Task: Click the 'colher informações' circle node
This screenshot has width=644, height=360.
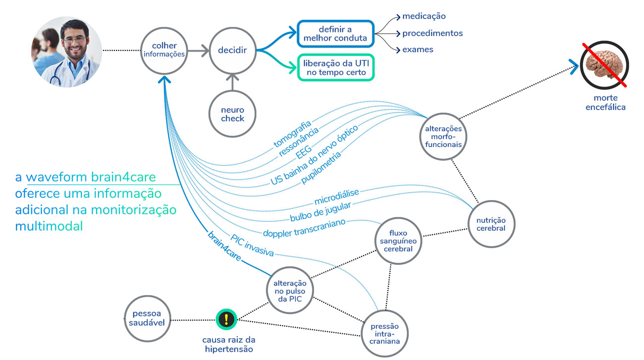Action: coord(164,50)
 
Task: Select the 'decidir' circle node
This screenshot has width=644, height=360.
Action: coord(232,50)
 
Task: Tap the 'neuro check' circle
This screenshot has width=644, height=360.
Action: coord(232,114)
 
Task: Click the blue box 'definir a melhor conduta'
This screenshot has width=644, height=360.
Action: coord(335,34)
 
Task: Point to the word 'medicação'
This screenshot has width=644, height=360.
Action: coord(424,16)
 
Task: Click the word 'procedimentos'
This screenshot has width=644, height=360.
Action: coord(432,33)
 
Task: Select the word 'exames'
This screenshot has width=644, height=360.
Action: coord(418,50)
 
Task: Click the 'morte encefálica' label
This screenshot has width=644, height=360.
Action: coord(605,103)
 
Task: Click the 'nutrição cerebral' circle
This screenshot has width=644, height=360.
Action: coord(491,224)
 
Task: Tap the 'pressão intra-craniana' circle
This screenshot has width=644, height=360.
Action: coord(384,334)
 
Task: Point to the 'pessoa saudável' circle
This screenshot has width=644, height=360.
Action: coord(147,318)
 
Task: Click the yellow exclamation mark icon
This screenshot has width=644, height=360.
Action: coord(226,319)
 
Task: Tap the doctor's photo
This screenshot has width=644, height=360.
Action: coord(67,52)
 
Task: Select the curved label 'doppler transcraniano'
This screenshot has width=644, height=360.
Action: coord(304,227)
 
